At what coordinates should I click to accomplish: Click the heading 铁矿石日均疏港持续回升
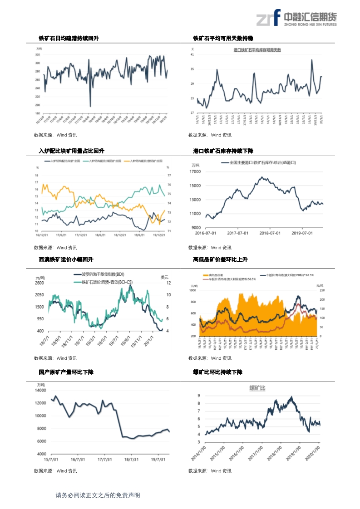tap(69, 39)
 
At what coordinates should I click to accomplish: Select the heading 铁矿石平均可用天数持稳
tap(223, 39)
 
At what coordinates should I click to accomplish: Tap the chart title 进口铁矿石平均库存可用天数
tap(257, 49)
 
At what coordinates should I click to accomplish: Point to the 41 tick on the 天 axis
tap(192, 54)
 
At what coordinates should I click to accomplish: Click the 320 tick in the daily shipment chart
tap(37, 55)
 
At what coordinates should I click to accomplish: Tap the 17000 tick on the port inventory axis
tap(195, 171)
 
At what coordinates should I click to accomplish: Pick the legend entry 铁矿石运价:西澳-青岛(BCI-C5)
tap(107, 282)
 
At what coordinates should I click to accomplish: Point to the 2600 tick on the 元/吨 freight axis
tap(39, 283)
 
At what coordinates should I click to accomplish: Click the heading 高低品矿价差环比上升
tap(220, 259)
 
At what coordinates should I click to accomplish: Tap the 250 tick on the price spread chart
tap(322, 290)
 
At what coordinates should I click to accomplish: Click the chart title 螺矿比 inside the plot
tap(257, 388)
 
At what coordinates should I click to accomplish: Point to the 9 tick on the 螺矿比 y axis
tap(199, 396)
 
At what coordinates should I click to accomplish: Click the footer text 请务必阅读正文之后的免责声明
tap(98, 495)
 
